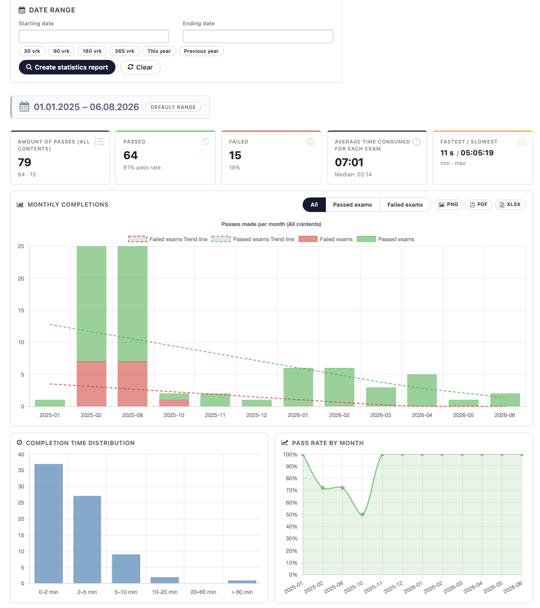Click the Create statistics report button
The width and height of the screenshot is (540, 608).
[x=67, y=67]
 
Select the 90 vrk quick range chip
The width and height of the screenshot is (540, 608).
[x=61, y=51]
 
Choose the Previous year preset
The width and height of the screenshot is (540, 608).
[x=201, y=51]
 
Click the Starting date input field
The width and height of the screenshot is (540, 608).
[x=94, y=37]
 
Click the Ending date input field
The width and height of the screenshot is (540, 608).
[x=258, y=37]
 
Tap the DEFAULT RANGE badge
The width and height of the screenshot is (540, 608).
[x=173, y=107]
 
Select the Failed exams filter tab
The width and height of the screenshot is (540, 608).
[x=405, y=205]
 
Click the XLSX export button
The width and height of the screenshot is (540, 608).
[x=510, y=205]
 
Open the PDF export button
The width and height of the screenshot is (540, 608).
[x=479, y=205]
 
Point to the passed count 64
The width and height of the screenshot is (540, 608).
[x=131, y=155]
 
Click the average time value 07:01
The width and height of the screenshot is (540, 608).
[x=349, y=162]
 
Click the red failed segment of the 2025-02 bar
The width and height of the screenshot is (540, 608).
[x=92, y=384]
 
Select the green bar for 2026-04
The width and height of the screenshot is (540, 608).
[x=422, y=391]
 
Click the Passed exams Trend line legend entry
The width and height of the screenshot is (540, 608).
[x=253, y=239]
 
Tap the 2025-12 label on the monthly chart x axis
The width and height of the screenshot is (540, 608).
[x=257, y=415]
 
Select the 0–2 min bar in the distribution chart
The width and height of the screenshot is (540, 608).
[x=49, y=523]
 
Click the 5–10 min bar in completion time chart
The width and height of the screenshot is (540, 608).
[x=126, y=569]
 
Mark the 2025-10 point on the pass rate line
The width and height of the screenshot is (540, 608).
[x=363, y=515]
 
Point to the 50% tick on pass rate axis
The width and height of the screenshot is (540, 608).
[x=291, y=515]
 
